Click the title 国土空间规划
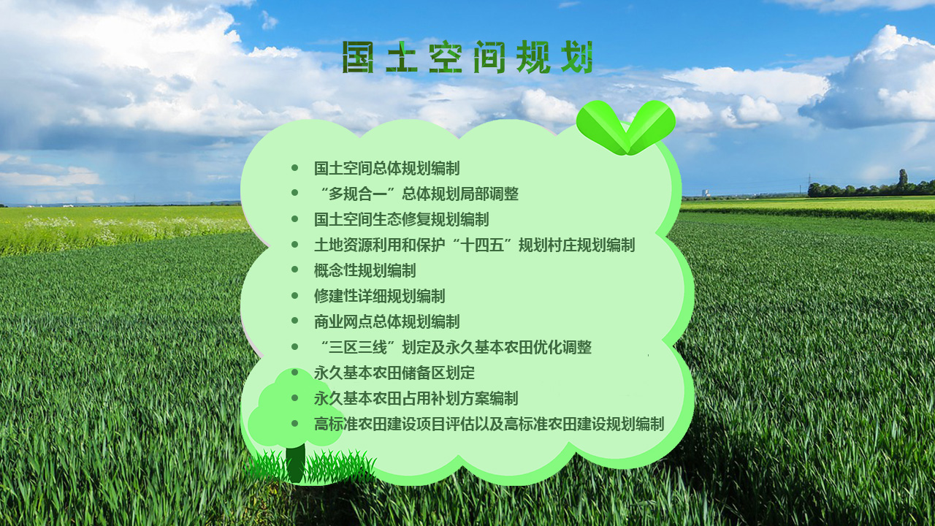467,57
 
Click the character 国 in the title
358,57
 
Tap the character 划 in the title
577,57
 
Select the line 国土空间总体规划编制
386,168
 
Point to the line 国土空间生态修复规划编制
401,219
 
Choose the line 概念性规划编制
365,270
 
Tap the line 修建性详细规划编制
379,296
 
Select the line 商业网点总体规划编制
386,321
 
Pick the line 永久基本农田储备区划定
394,373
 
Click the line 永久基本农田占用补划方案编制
416,398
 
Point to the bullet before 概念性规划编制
294,270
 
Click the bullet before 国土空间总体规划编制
294,168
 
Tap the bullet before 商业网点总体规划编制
294,321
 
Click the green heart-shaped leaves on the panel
626,127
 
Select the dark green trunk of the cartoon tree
296,463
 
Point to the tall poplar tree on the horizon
903,180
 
